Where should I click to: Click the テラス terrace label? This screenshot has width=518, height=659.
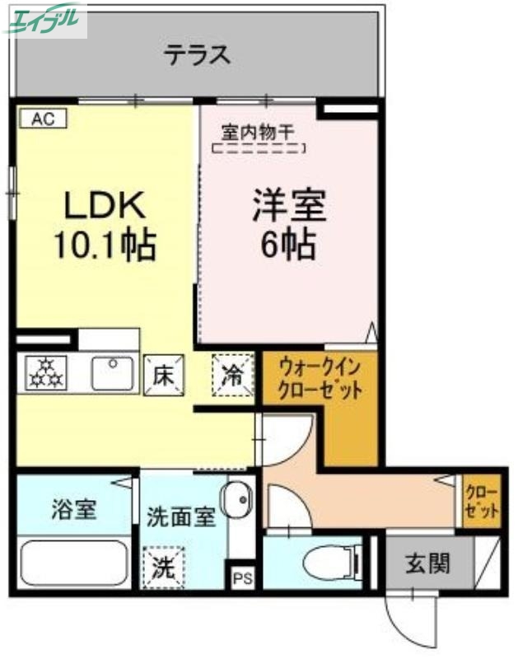[x=195, y=55]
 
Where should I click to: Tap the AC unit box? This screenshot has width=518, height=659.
[x=42, y=119]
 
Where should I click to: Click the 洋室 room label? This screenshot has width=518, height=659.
[x=289, y=205]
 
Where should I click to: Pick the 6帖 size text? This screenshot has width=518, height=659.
[x=289, y=243]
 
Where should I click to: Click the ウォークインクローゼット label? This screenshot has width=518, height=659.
[x=320, y=378]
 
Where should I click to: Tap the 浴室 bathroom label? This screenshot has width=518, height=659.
[x=73, y=509]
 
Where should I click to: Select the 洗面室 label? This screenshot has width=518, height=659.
[x=181, y=517]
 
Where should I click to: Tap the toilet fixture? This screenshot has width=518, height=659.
[x=327, y=565]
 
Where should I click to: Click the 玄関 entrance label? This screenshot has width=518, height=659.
[x=428, y=564]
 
